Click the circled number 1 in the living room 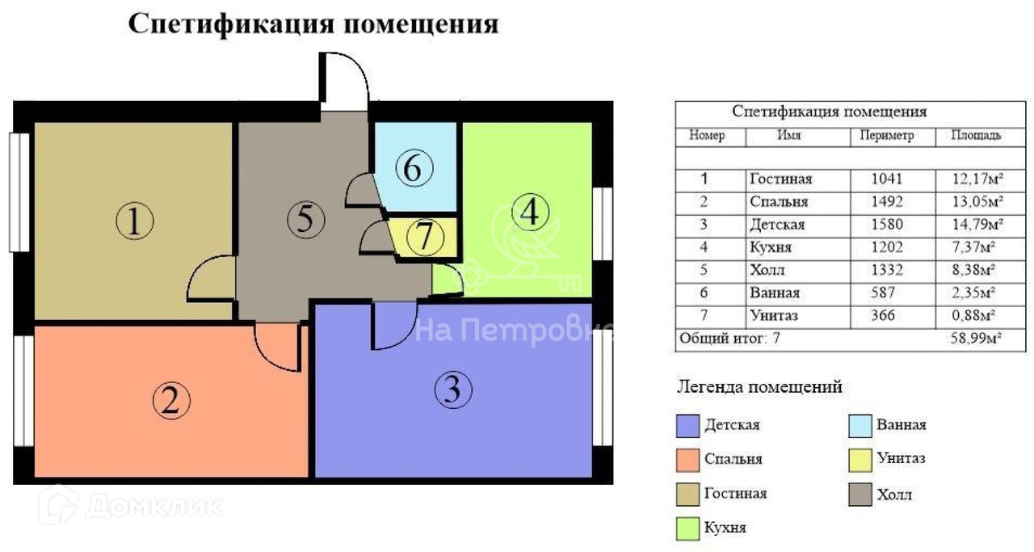pos(135,221)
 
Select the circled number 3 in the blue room pos(452,391)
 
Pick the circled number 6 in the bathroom pos(414,169)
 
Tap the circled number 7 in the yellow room pos(426,237)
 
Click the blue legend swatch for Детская pos(687,425)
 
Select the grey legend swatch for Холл pos(860,495)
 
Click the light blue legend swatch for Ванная pos(860,425)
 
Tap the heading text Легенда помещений pos(759,387)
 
